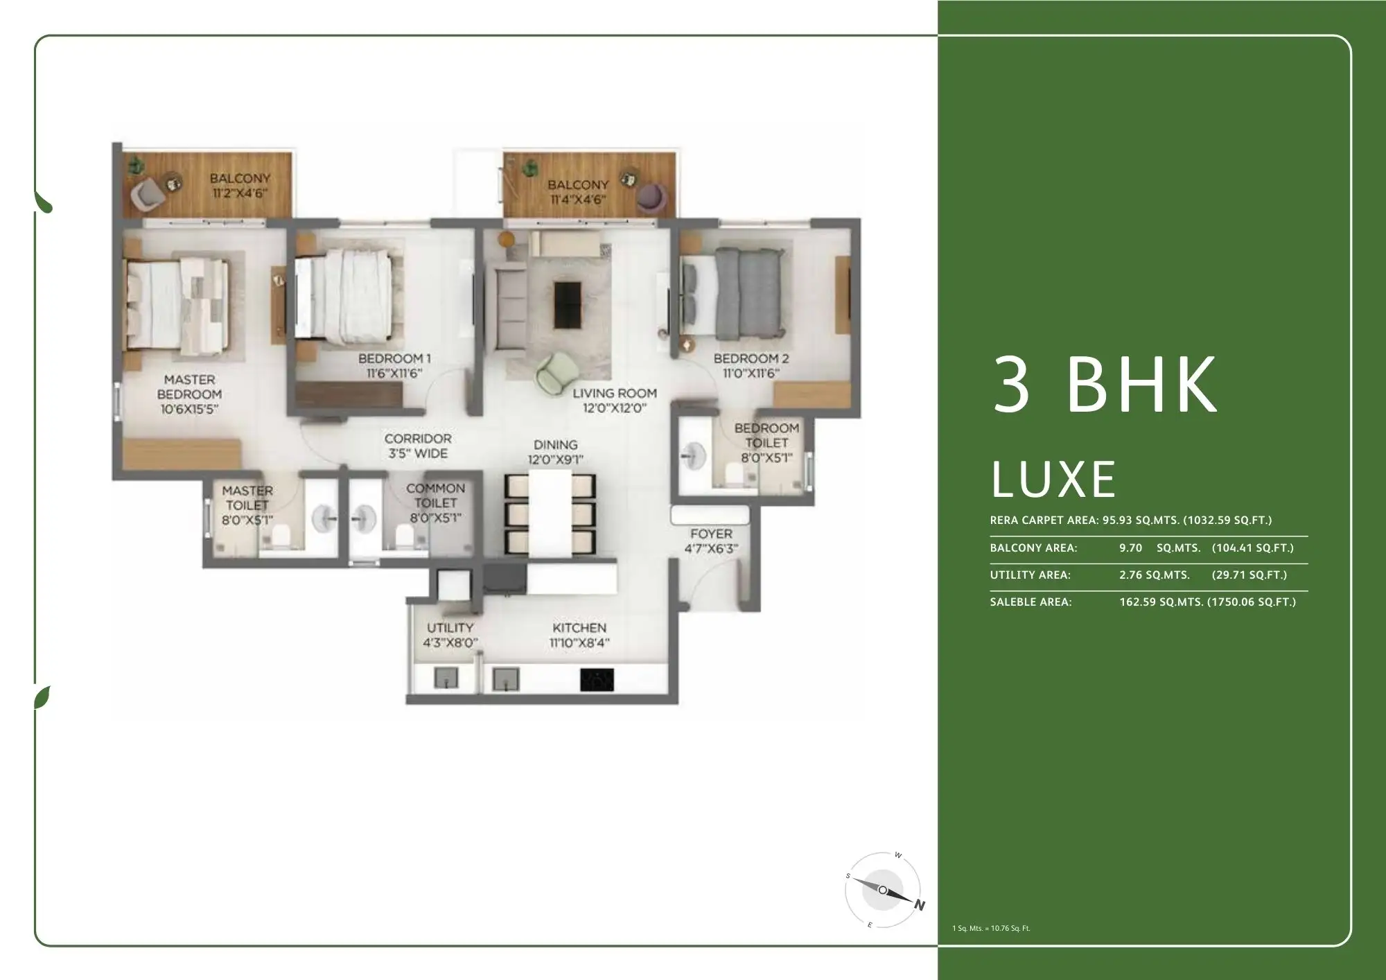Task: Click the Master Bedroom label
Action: tap(189, 387)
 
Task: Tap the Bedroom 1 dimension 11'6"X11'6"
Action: tap(394, 374)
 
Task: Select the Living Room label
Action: tap(614, 393)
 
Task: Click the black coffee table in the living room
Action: tap(568, 305)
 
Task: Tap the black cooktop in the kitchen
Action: tap(597, 681)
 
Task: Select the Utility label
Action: tap(450, 627)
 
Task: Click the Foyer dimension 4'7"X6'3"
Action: tap(711, 549)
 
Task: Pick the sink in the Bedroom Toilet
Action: tap(692, 456)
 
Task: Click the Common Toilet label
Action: tap(435, 496)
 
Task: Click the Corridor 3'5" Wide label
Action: tap(418, 446)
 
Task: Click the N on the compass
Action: tap(919, 905)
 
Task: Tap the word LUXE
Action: tap(1053, 480)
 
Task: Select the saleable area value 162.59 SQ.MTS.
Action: tap(1161, 602)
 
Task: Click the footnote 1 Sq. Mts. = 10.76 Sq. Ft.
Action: tap(991, 928)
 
